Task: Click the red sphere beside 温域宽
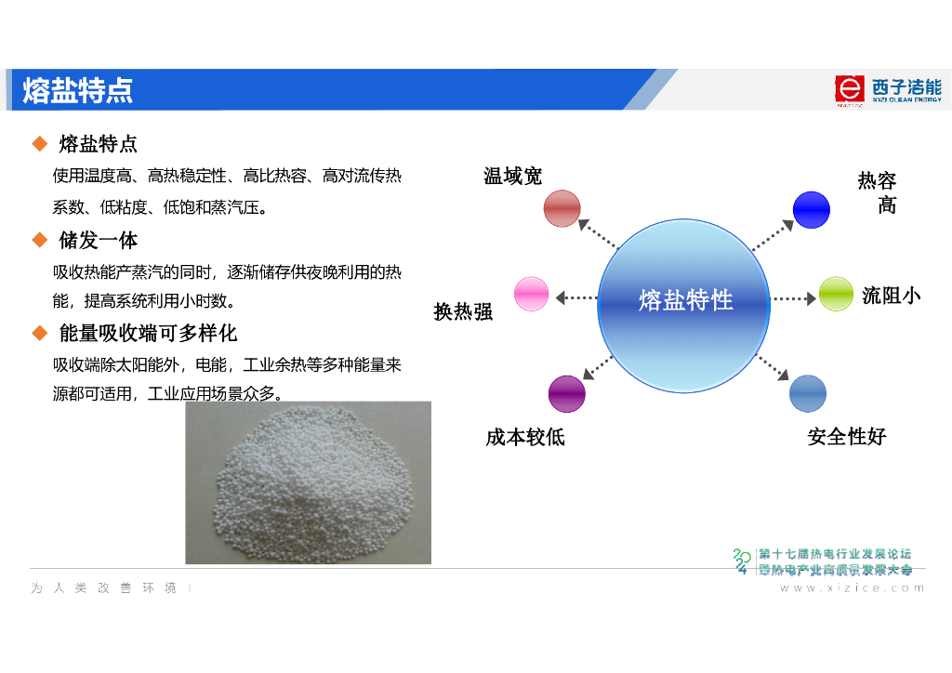point(562,208)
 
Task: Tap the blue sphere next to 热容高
point(811,209)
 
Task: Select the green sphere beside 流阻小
point(836,294)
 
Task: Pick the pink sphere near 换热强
point(532,294)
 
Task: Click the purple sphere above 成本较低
point(566,393)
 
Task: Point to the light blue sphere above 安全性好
point(807,393)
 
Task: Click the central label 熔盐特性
point(685,300)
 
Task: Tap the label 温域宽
point(512,176)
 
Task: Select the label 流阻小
point(891,296)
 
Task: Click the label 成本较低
point(524,437)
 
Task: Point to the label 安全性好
point(846,436)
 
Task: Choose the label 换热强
point(463,312)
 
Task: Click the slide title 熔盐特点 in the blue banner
point(78,90)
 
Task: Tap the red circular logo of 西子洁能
point(849,88)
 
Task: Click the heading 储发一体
point(99,241)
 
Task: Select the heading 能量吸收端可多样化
point(149,333)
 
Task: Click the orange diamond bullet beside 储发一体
point(40,241)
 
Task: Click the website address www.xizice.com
point(852,587)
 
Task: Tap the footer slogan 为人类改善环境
point(112,588)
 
